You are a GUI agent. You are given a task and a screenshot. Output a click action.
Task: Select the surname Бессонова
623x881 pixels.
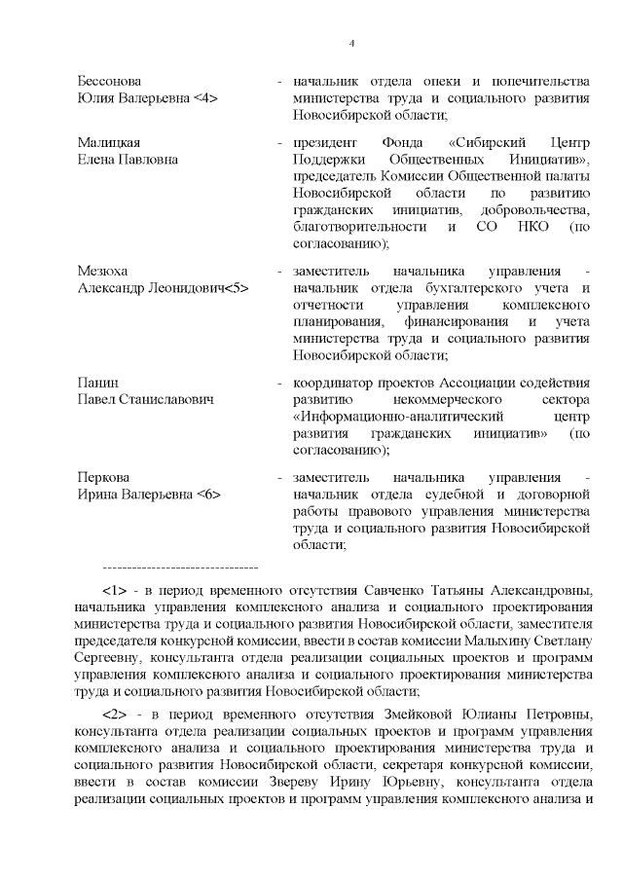tap(110, 82)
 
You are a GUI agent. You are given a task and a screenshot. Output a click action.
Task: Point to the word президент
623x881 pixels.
tap(322, 142)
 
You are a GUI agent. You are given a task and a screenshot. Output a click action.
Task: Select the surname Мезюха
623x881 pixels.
tap(102, 271)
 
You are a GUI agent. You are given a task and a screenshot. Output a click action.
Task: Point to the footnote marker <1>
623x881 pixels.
tap(115, 591)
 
